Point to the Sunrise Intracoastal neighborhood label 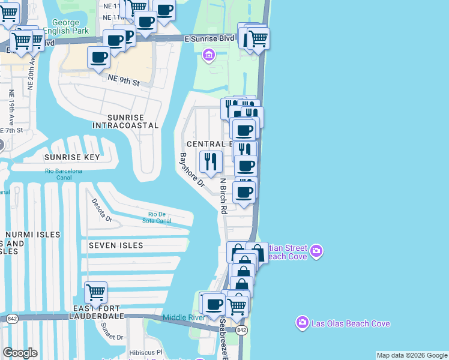pyautogui.click(x=125, y=121)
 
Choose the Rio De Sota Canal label pyautogui.click(x=160, y=217)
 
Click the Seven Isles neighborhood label pyautogui.click(x=116, y=245)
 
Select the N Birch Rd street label pyautogui.click(x=223, y=196)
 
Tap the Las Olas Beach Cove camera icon pyautogui.click(x=302, y=323)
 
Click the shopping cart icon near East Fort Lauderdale pyautogui.click(x=96, y=292)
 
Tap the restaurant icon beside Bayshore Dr pyautogui.click(x=210, y=161)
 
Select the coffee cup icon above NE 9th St pyautogui.click(x=98, y=58)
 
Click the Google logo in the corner pyautogui.click(x=20, y=352)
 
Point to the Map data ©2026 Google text pyautogui.click(x=411, y=355)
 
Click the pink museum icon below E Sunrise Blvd pyautogui.click(x=209, y=56)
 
